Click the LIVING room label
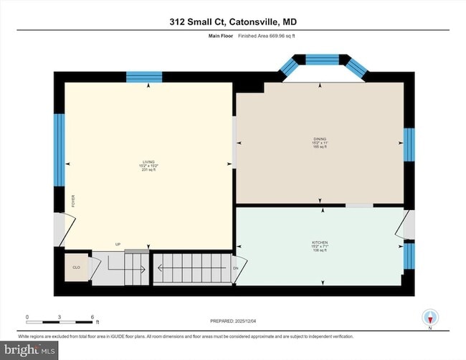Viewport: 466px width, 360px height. [x=148, y=165]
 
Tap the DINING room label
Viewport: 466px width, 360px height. [x=320, y=142]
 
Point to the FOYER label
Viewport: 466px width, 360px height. [x=72, y=202]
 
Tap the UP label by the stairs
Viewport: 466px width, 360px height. [x=118, y=245]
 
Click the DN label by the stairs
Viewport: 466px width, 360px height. [x=235, y=269]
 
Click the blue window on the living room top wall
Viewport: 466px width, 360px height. [x=148, y=77]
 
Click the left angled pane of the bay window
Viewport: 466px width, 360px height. [x=290, y=66]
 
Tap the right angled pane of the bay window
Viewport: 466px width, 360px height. [x=356, y=66]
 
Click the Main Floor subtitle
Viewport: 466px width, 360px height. [x=209, y=37]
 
